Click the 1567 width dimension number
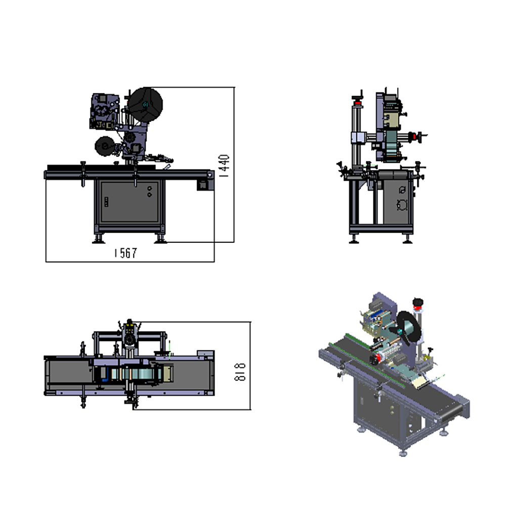[126, 252]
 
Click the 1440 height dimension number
[224, 165]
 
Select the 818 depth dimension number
[240, 372]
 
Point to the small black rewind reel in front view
[105, 146]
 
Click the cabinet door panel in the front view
[130, 201]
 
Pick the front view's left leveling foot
[98, 239]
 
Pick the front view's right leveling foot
[160, 239]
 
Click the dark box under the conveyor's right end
[203, 185]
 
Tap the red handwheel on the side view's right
[415, 137]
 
